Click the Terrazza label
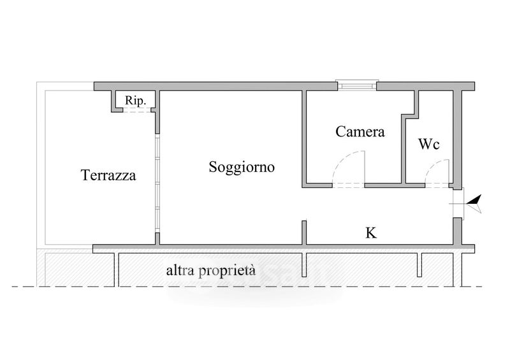pyautogui.click(x=108, y=175)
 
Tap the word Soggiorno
pyautogui.click(x=242, y=168)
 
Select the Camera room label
pyautogui.click(x=360, y=132)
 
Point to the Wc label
pyautogui.click(x=428, y=144)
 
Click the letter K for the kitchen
pyautogui.click(x=371, y=233)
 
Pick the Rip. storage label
pyautogui.click(x=135, y=101)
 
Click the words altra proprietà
pyautogui.click(x=211, y=271)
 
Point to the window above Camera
pyautogui.click(x=357, y=85)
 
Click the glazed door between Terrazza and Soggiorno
pyautogui.click(x=157, y=184)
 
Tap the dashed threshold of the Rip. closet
pyautogui.click(x=136, y=111)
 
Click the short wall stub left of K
pyautogui.click(x=304, y=233)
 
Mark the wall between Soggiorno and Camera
pyautogui.click(x=304, y=139)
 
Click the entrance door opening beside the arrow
pyautogui.click(x=458, y=203)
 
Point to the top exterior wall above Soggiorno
pyautogui.click(x=215, y=86)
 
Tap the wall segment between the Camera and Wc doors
pyautogui.click(x=395, y=185)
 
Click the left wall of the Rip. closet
pyautogui.click(x=113, y=101)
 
